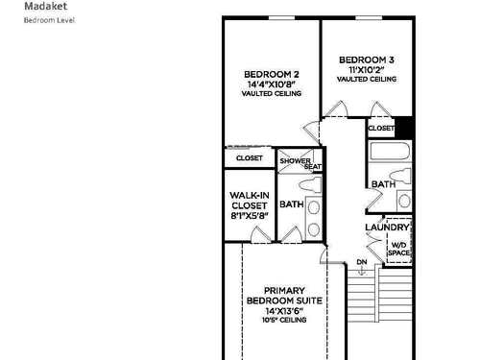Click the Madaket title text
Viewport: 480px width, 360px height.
[x=46, y=6]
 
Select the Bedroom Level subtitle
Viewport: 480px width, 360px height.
[x=50, y=20]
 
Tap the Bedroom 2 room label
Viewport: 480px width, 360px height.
[x=272, y=74]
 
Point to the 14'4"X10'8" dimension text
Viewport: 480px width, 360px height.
[x=272, y=84]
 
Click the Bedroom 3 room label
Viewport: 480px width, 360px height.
[x=367, y=60]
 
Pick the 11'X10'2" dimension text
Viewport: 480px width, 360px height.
[x=367, y=69]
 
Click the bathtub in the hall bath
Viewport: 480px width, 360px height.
[x=390, y=151]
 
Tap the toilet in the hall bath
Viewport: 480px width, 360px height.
[x=400, y=176]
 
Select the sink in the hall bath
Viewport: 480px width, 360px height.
[x=404, y=201]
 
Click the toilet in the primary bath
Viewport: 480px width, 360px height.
[x=310, y=185]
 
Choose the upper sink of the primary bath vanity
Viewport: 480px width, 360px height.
[x=314, y=207]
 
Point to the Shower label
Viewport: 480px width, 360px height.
[x=295, y=160]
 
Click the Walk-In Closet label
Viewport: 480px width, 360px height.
[x=250, y=201]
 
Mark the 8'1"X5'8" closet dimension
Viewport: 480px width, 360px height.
[x=250, y=216]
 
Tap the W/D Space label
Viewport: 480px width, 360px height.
[x=398, y=249]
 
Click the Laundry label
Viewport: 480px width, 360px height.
[x=387, y=228]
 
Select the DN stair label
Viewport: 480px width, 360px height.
[x=362, y=262]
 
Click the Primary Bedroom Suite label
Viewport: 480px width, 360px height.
[x=284, y=296]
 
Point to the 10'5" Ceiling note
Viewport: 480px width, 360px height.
[x=284, y=320]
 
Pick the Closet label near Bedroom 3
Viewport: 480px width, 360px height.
[x=381, y=128]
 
